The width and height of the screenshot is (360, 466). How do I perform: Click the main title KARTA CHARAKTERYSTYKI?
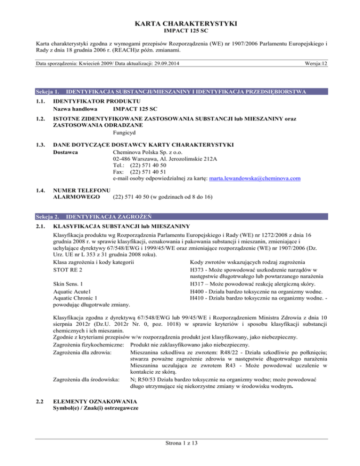(180, 23)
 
